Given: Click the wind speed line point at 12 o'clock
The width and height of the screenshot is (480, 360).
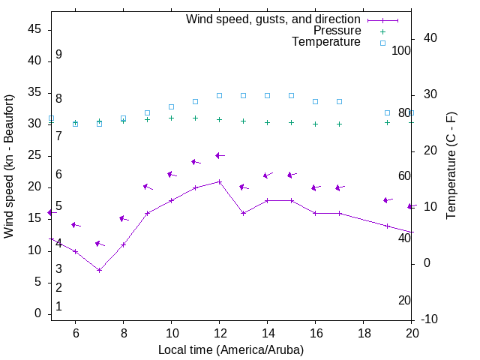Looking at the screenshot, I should [x=219, y=181].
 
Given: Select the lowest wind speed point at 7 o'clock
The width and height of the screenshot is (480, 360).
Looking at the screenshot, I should [x=99, y=270].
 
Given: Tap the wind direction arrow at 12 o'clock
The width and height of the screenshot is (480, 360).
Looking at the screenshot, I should [x=219, y=155].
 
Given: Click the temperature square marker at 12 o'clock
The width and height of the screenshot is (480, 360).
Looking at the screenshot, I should [x=219, y=96].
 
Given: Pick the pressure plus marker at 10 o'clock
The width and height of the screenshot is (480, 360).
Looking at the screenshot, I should [x=171, y=118].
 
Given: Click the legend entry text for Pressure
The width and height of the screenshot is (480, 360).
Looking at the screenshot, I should [x=337, y=31].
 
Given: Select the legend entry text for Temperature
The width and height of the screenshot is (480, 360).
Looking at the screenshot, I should [x=326, y=42].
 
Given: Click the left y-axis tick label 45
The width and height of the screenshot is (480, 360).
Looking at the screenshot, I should [x=34, y=28].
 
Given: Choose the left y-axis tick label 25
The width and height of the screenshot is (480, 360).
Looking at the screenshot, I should [x=34, y=155].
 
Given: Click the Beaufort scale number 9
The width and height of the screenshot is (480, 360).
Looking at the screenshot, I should [x=58, y=55].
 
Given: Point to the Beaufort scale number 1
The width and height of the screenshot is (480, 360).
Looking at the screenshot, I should [x=58, y=306].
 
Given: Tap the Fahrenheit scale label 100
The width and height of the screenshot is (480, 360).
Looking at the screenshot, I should [x=401, y=50].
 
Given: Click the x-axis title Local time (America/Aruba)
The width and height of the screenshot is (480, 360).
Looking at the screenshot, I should [x=231, y=349].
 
